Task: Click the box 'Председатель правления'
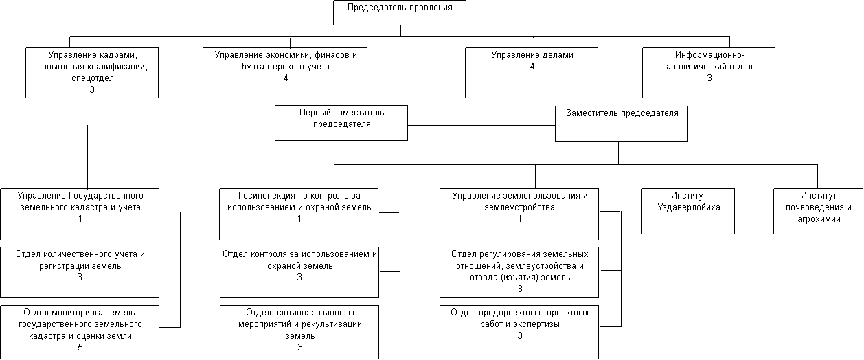[x=400, y=13]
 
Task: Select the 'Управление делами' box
[x=532, y=73]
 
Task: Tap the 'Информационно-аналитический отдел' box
[x=709, y=73]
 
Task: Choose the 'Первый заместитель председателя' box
[x=341, y=123]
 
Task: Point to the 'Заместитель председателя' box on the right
[x=622, y=124]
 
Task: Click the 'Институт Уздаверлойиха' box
[x=688, y=211]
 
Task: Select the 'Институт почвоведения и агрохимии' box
[x=818, y=211]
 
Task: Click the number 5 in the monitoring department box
[x=80, y=347]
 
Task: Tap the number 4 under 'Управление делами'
[x=532, y=67]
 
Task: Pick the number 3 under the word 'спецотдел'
[x=92, y=89]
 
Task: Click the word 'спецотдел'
[x=93, y=78]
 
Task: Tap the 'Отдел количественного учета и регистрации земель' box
[x=80, y=272]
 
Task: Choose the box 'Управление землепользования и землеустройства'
[x=519, y=214]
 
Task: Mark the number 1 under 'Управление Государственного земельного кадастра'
[x=80, y=218]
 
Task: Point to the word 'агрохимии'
[x=819, y=219]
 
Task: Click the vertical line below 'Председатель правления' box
[x=401, y=31]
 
